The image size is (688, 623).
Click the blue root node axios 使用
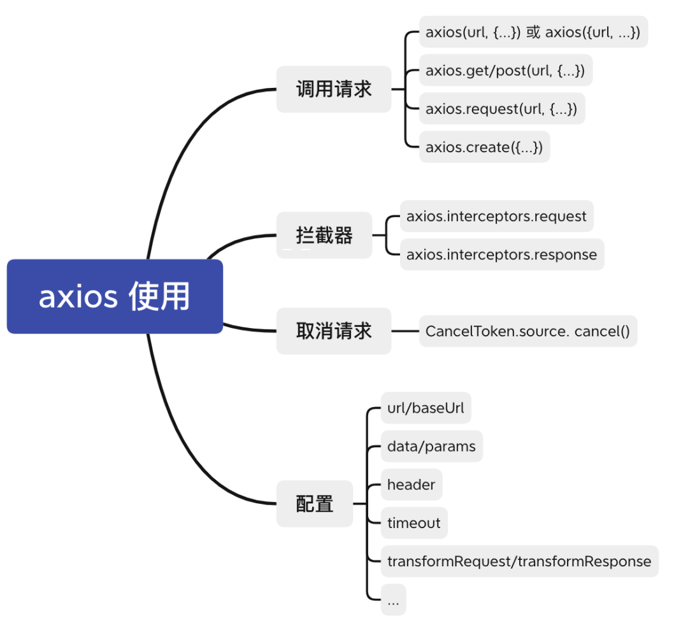click(x=115, y=296)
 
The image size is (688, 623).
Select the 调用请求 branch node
click(x=333, y=89)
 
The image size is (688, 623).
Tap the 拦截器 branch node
click(x=324, y=235)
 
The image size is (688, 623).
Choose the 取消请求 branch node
click(x=333, y=331)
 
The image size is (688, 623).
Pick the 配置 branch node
click(x=314, y=504)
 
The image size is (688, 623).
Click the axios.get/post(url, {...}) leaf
click(x=505, y=70)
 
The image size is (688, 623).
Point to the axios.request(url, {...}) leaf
click(x=501, y=109)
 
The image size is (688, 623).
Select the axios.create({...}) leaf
click(x=484, y=147)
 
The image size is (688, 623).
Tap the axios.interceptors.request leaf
click(x=496, y=216)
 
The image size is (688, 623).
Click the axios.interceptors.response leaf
click(x=502, y=255)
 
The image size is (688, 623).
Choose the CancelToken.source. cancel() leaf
click(x=527, y=331)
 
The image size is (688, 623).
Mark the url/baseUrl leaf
click(x=426, y=408)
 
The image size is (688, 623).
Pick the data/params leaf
click(x=431, y=446)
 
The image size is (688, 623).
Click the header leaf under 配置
click(x=411, y=484)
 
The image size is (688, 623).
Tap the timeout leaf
click(x=414, y=523)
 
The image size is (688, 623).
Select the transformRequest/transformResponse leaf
click(x=519, y=561)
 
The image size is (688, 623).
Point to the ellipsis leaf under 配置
click(x=393, y=600)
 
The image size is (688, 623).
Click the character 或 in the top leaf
click(x=533, y=32)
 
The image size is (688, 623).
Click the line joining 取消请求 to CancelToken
click(x=405, y=331)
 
